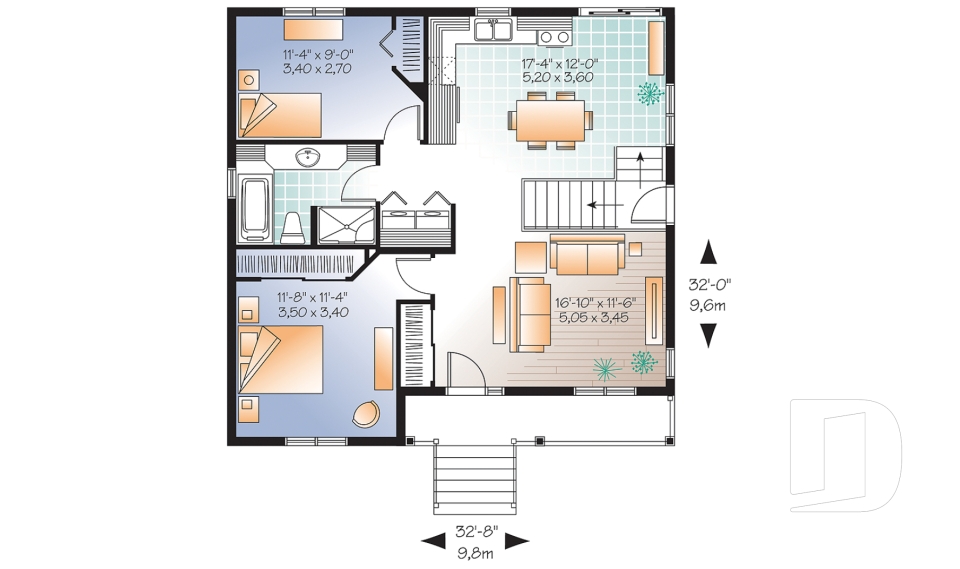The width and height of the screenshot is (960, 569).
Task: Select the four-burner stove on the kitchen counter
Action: (553, 37)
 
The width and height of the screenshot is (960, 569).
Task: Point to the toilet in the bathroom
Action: (293, 227)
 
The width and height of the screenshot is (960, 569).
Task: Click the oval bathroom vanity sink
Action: (308, 157)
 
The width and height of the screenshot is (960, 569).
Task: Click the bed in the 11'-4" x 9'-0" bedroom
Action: (280, 115)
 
